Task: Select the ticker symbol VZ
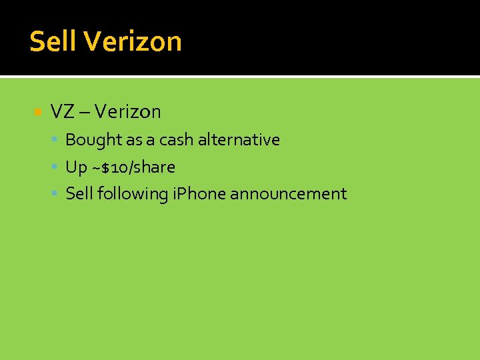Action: pyautogui.click(x=62, y=111)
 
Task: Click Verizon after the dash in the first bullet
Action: pyautogui.click(x=127, y=111)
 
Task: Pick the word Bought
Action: pyautogui.click(x=91, y=140)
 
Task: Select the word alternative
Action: pyautogui.click(x=239, y=140)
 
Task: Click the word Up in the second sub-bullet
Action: pyautogui.click(x=76, y=167)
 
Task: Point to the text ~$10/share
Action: pyautogui.click(x=133, y=167)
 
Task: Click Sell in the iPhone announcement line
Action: pyautogui.click(x=79, y=194)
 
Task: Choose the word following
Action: pyautogui.click(x=132, y=194)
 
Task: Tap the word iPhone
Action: pyautogui.click(x=199, y=194)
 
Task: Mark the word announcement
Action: pyautogui.click(x=288, y=194)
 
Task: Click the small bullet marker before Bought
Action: pyautogui.click(x=56, y=140)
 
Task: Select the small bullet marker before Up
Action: pyautogui.click(x=56, y=167)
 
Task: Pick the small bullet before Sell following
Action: pyautogui.click(x=56, y=194)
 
